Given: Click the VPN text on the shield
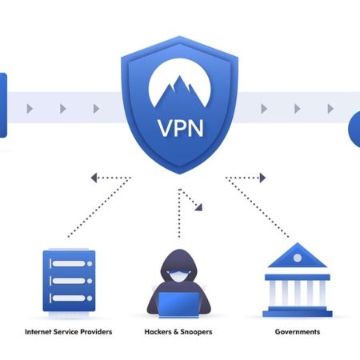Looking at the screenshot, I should click(180, 127).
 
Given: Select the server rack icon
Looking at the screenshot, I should click(68, 281).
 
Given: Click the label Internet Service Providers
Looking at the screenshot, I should click(68, 331).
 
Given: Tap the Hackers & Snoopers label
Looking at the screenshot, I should click(179, 331).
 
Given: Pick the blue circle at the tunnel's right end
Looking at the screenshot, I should click(354, 129).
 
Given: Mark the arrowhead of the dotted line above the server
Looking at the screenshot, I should click(94, 178).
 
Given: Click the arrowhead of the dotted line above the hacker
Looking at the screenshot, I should click(198, 207).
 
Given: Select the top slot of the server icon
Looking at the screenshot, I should click(68, 262).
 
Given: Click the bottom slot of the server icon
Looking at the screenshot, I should click(68, 300).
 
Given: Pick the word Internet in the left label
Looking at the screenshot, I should click(38, 331).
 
